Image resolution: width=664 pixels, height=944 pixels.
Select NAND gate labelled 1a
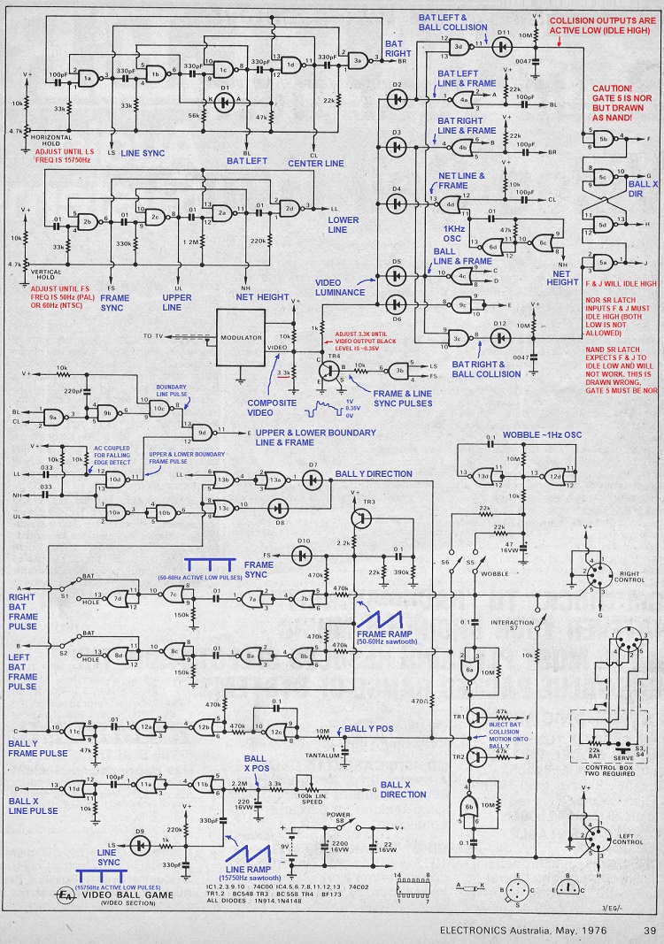(x=88, y=79)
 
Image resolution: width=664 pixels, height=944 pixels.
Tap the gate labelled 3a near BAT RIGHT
(x=359, y=58)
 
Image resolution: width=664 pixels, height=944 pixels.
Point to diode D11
(x=502, y=44)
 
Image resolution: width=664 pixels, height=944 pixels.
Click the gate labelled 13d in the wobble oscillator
(x=483, y=476)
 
